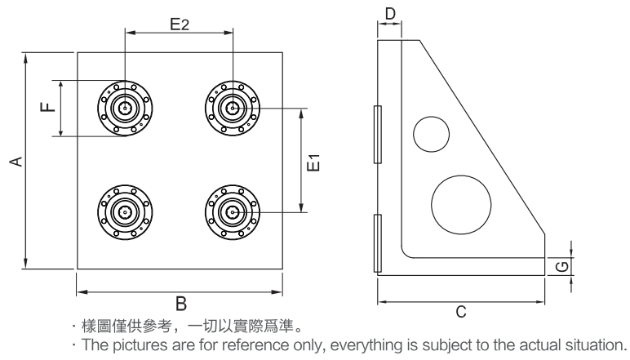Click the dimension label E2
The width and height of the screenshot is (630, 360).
(180, 24)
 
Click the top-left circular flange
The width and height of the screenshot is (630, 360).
(125, 107)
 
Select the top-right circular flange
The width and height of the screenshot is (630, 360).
(233, 107)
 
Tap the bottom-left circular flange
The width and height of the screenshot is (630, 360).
(125, 211)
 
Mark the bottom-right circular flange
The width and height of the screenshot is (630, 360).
(233, 211)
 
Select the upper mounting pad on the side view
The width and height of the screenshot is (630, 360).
(376, 133)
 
